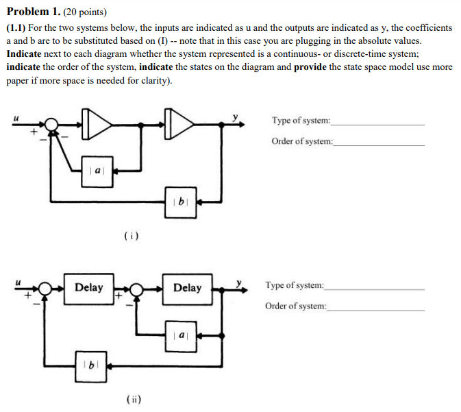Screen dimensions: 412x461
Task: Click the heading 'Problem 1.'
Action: tap(32, 12)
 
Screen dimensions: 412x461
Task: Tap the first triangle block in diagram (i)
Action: tap(97, 124)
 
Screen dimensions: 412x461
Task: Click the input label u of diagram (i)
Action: tap(16, 117)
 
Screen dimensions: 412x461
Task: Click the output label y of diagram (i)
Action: tap(236, 117)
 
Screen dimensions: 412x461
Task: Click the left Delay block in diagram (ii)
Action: tap(88, 287)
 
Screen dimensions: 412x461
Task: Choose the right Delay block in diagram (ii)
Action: tap(187, 287)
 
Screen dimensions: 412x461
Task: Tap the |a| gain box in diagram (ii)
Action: tap(180, 335)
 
